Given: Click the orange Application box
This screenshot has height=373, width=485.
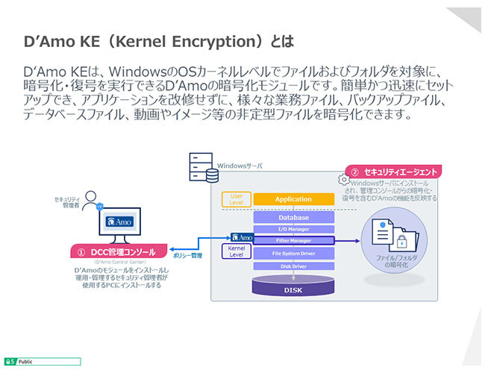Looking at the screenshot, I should coord(293,199).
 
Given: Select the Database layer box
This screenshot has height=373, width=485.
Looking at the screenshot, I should coord(293,218).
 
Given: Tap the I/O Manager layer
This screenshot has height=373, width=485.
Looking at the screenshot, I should coord(293,229).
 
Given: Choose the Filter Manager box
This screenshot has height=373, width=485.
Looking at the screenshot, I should coord(293,240).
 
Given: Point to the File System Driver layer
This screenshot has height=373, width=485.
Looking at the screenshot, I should coord(293,253).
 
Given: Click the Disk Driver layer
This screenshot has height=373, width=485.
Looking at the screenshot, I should coord(293,265).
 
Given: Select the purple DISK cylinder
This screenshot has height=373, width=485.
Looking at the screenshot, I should coord(292,286).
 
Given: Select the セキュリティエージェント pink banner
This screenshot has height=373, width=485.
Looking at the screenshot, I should coord(394,172).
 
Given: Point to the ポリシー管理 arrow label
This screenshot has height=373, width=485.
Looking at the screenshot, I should coord(187,255).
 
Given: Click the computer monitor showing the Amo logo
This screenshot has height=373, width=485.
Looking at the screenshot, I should coord(120,223).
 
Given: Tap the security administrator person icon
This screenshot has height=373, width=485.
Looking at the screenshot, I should coord(91,200).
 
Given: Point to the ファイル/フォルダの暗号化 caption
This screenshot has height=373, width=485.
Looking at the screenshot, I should coord(396,261).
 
